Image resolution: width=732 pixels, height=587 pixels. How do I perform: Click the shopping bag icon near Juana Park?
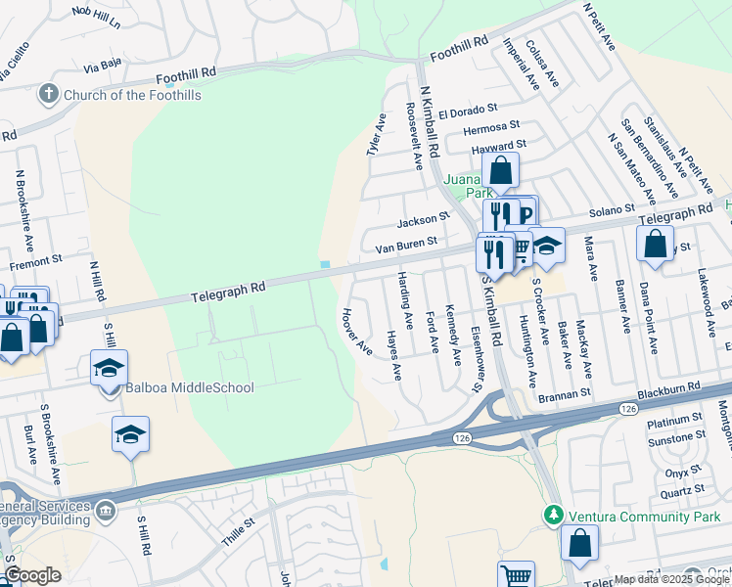tap(500, 171)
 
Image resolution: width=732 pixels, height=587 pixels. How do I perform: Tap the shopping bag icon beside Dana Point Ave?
tap(655, 242)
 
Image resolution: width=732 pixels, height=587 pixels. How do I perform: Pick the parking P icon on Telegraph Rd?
tap(526, 213)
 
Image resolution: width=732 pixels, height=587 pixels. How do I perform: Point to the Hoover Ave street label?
tap(356, 332)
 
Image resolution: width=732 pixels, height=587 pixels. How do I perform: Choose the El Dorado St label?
tap(468, 113)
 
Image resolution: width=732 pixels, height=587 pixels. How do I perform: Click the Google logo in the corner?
tap(32, 575)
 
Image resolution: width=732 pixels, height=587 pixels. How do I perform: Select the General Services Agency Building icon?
tap(105, 510)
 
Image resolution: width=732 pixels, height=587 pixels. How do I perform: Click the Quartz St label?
tap(681, 492)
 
